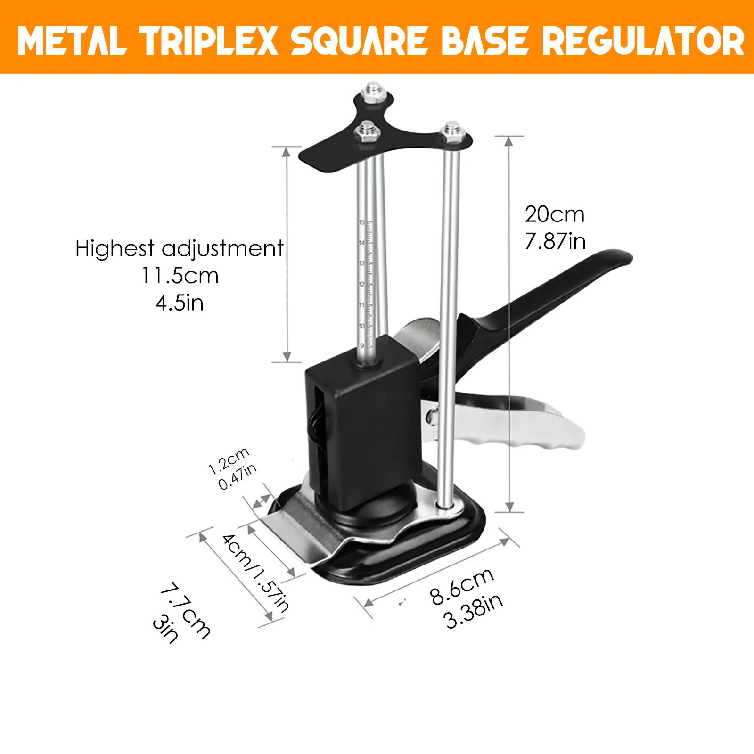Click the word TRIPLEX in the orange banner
(210, 41)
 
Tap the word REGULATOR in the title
(643, 41)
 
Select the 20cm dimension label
(555, 215)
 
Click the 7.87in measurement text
(555, 242)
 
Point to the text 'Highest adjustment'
(180, 249)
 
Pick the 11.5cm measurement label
(180, 276)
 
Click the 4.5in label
(180, 303)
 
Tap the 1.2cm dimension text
(229, 461)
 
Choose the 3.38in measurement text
(474, 611)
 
